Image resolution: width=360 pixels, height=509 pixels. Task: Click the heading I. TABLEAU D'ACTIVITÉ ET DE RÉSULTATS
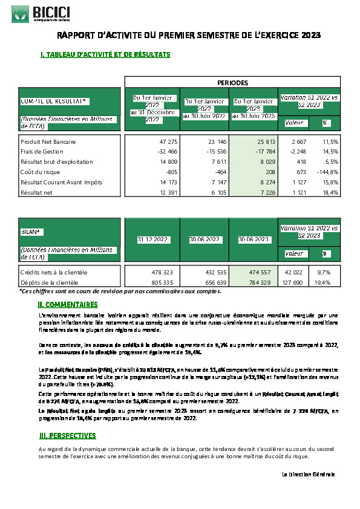click(x=105, y=54)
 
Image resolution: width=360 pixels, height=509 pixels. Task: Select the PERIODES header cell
click(x=232, y=82)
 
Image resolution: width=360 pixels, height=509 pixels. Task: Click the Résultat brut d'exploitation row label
click(x=57, y=161)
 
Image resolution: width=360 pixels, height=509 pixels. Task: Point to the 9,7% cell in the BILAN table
click(x=326, y=272)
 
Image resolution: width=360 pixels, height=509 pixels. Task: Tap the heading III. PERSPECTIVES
click(x=67, y=435)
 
